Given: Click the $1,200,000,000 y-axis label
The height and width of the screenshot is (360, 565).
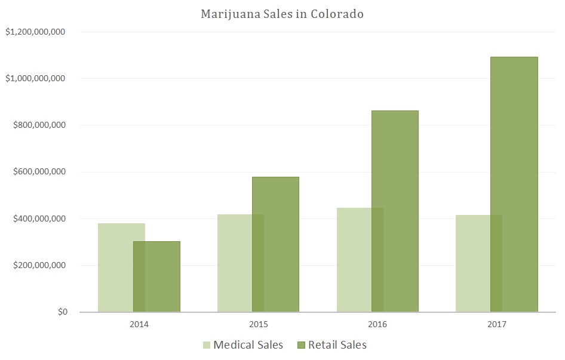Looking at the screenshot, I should click(x=35, y=32).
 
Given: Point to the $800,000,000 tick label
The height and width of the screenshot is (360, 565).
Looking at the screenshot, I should click(x=38, y=125).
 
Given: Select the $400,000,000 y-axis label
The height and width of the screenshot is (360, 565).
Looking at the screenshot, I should click(x=38, y=219).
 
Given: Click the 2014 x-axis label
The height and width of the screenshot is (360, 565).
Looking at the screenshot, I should click(x=139, y=325).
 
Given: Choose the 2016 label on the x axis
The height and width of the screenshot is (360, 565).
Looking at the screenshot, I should click(x=377, y=325).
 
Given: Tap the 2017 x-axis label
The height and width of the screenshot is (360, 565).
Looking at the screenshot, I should click(x=497, y=325).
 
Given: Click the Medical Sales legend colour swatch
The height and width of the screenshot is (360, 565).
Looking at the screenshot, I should click(x=207, y=345).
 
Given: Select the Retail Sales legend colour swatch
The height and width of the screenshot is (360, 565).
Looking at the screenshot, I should click(x=301, y=345).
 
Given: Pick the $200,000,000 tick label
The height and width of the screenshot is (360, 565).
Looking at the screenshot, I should click(x=38, y=265).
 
